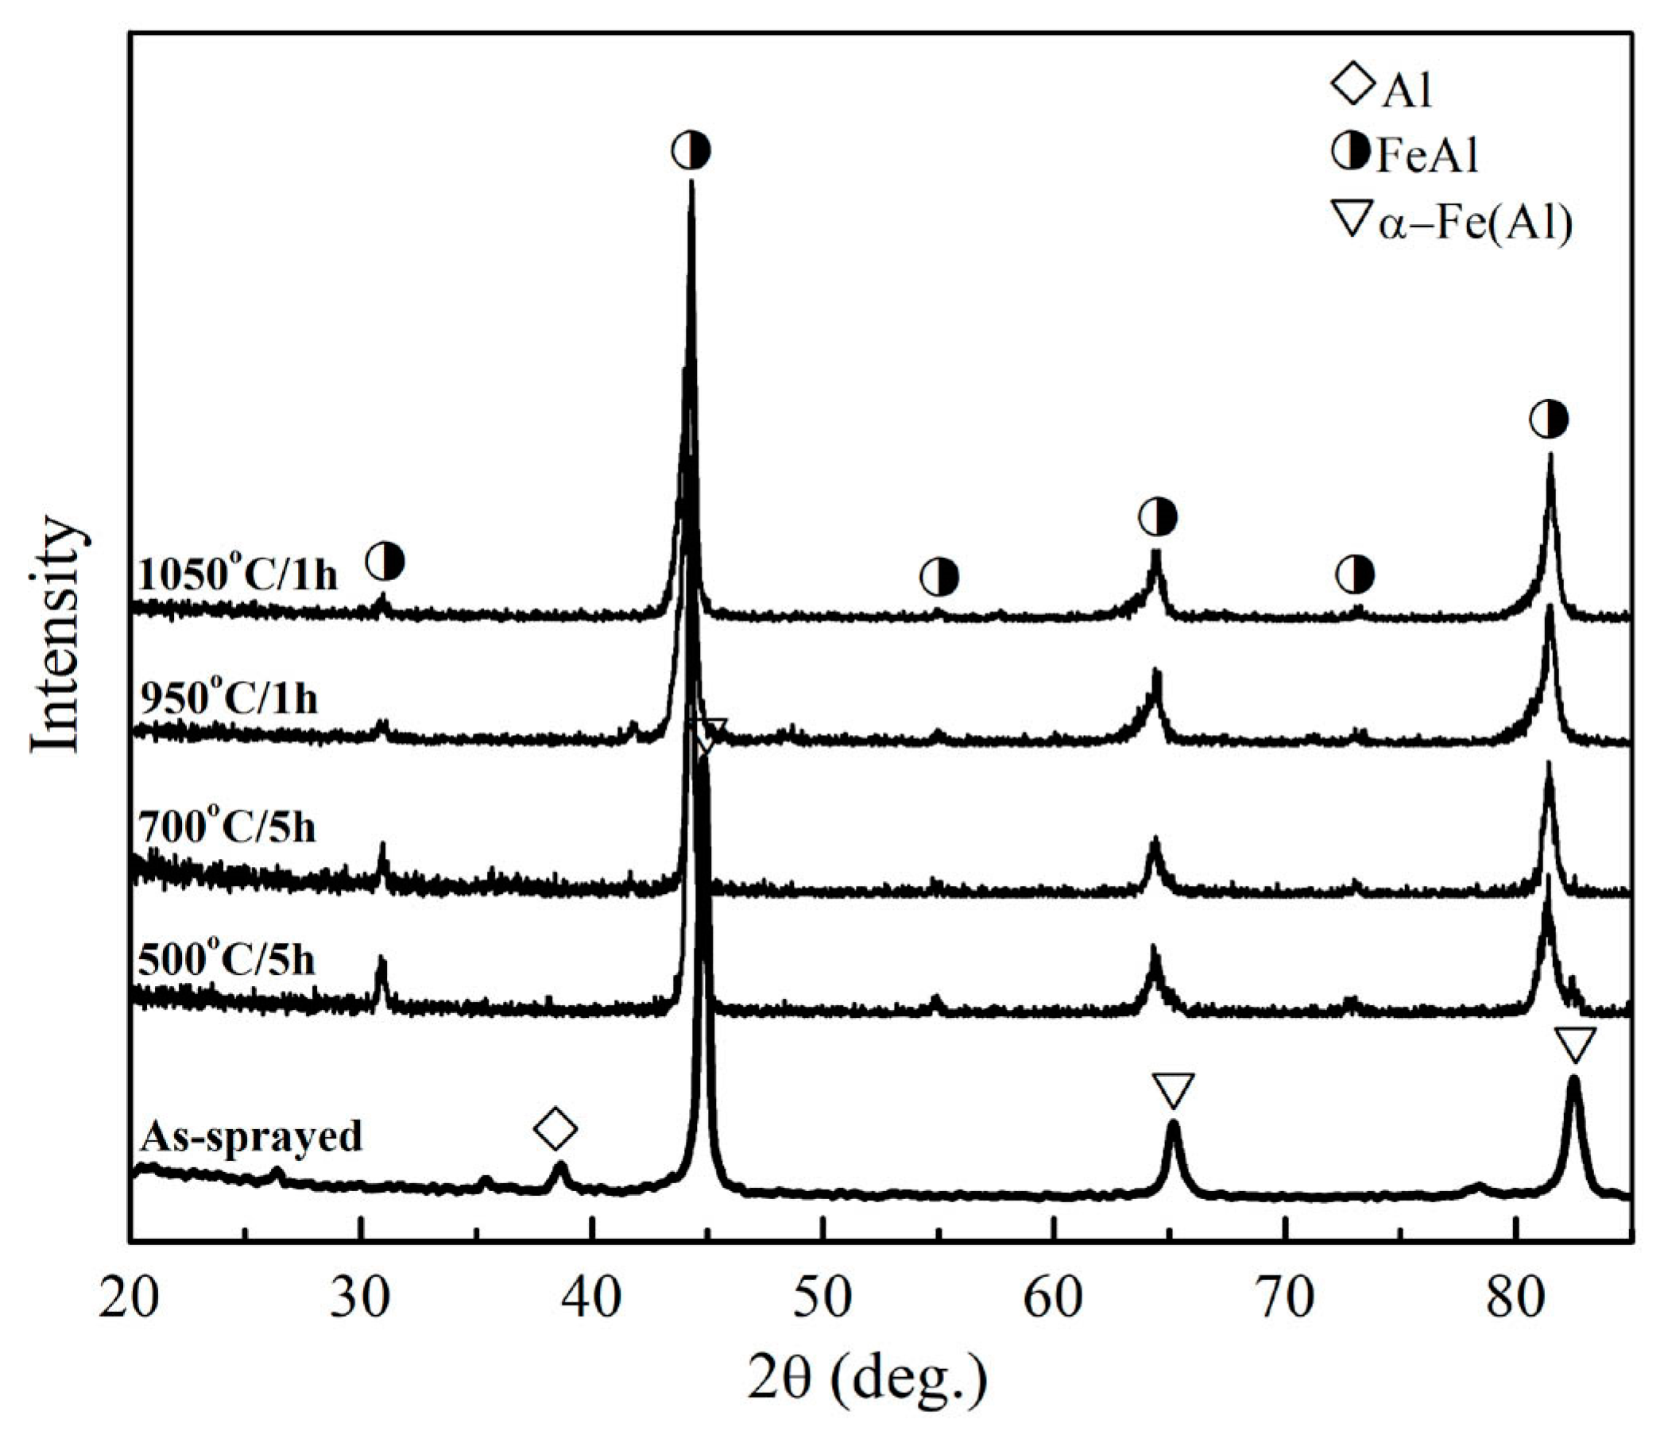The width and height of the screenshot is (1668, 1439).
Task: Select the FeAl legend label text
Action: tap(1427, 156)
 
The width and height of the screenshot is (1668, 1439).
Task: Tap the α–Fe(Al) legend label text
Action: tap(1475, 225)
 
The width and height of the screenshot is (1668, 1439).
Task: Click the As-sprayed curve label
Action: tap(251, 1137)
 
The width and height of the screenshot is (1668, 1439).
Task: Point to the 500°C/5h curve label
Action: tap(227, 959)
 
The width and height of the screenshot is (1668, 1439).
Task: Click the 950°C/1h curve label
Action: tap(228, 698)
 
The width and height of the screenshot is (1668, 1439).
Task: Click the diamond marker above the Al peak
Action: tap(556, 1128)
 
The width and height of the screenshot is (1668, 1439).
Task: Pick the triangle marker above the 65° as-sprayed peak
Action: tap(1172, 1090)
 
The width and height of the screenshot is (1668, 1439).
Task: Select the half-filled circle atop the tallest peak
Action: tap(691, 149)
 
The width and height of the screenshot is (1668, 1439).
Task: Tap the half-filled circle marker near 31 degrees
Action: tap(385, 560)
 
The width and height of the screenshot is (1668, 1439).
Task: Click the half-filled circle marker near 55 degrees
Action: tap(939, 576)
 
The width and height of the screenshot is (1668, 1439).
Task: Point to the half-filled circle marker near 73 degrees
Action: tap(1355, 574)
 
